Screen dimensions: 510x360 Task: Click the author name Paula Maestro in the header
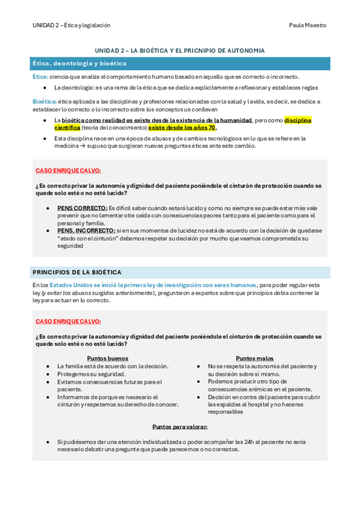308,25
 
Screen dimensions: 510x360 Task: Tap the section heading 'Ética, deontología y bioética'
79,63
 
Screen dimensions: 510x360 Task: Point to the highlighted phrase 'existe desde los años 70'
182,127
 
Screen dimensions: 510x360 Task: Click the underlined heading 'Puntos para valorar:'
180,426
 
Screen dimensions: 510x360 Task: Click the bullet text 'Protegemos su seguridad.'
91,374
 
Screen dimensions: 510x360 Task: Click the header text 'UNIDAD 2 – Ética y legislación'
72,25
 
